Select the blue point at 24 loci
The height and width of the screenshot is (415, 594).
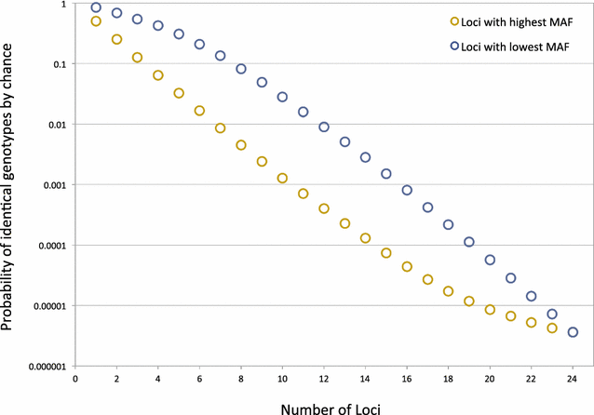tap(573, 332)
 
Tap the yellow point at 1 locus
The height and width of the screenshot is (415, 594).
tap(96, 21)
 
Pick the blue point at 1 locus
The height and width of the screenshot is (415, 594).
tap(96, 7)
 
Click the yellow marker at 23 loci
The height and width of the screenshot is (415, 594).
tap(552, 328)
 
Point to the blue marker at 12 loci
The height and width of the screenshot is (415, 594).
tap(324, 127)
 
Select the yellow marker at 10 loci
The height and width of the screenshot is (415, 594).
tap(282, 178)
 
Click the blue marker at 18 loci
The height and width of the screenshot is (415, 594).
tap(448, 224)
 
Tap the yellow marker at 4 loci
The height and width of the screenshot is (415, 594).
tap(158, 75)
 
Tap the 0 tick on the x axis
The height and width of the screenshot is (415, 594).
tap(75, 380)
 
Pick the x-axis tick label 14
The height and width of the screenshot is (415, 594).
tap(365, 380)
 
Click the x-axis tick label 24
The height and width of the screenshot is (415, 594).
tap(573, 380)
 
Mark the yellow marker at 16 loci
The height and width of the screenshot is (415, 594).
tap(407, 266)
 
